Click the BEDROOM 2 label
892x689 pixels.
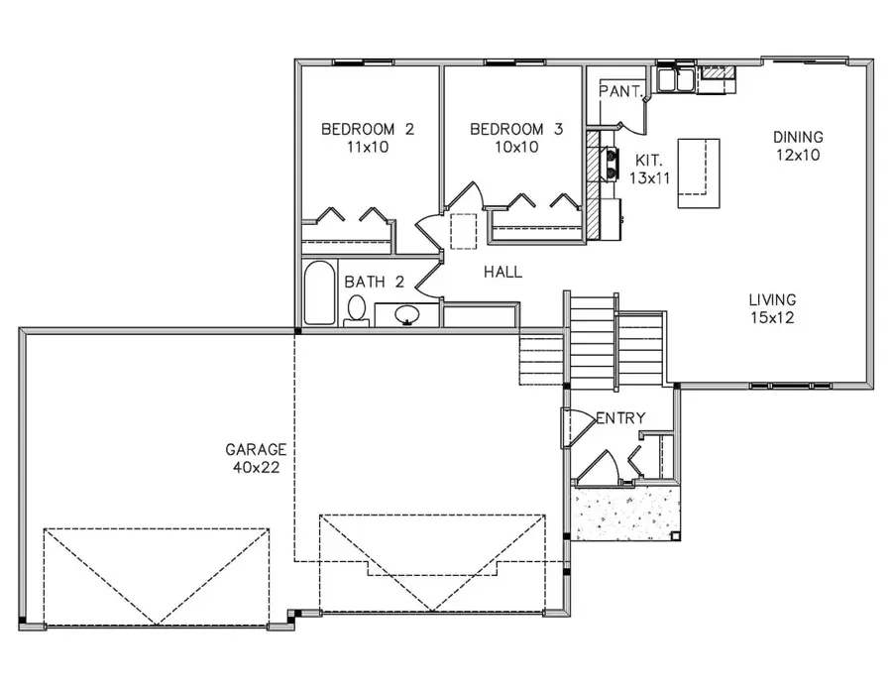[368, 129]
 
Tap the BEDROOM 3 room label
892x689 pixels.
[516, 129]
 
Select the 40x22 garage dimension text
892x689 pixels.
[256, 468]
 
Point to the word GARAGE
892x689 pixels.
[256, 449]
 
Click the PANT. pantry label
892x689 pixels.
[621, 91]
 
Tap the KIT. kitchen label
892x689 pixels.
[648, 160]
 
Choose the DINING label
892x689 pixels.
[798, 137]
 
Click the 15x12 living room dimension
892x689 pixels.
[772, 317]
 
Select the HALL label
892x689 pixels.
[502, 272]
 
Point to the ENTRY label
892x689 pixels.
[621, 418]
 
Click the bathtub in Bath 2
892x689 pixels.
[319, 293]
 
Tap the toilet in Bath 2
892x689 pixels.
[357, 310]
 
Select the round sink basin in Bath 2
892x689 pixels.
[407, 313]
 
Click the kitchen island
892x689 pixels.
[699, 172]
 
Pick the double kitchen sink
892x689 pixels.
[676, 79]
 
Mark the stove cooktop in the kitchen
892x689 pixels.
[611, 163]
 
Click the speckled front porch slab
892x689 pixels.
[625, 514]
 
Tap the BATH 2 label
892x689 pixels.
[375, 282]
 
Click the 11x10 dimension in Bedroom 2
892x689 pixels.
[368, 147]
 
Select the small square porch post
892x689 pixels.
[675, 536]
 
